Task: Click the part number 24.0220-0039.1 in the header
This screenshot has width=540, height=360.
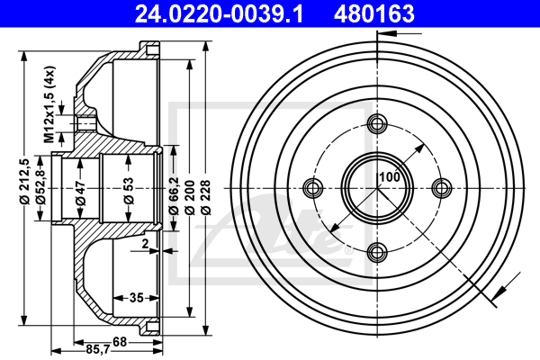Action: pos(219,13)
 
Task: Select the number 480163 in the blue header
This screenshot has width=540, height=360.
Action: pos(374,13)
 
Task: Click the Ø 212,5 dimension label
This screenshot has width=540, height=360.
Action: pos(24,182)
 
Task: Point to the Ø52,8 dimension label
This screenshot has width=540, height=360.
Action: pos(41,186)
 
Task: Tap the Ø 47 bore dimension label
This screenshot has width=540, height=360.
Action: pos(81,193)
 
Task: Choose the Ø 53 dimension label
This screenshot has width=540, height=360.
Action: pos(129,191)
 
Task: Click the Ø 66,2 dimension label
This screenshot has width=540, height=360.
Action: pos(173,195)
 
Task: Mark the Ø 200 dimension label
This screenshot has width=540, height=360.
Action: pos(190,197)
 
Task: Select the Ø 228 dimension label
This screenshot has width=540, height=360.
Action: pos(206,197)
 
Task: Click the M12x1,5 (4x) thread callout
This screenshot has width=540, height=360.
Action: pos(49,104)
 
